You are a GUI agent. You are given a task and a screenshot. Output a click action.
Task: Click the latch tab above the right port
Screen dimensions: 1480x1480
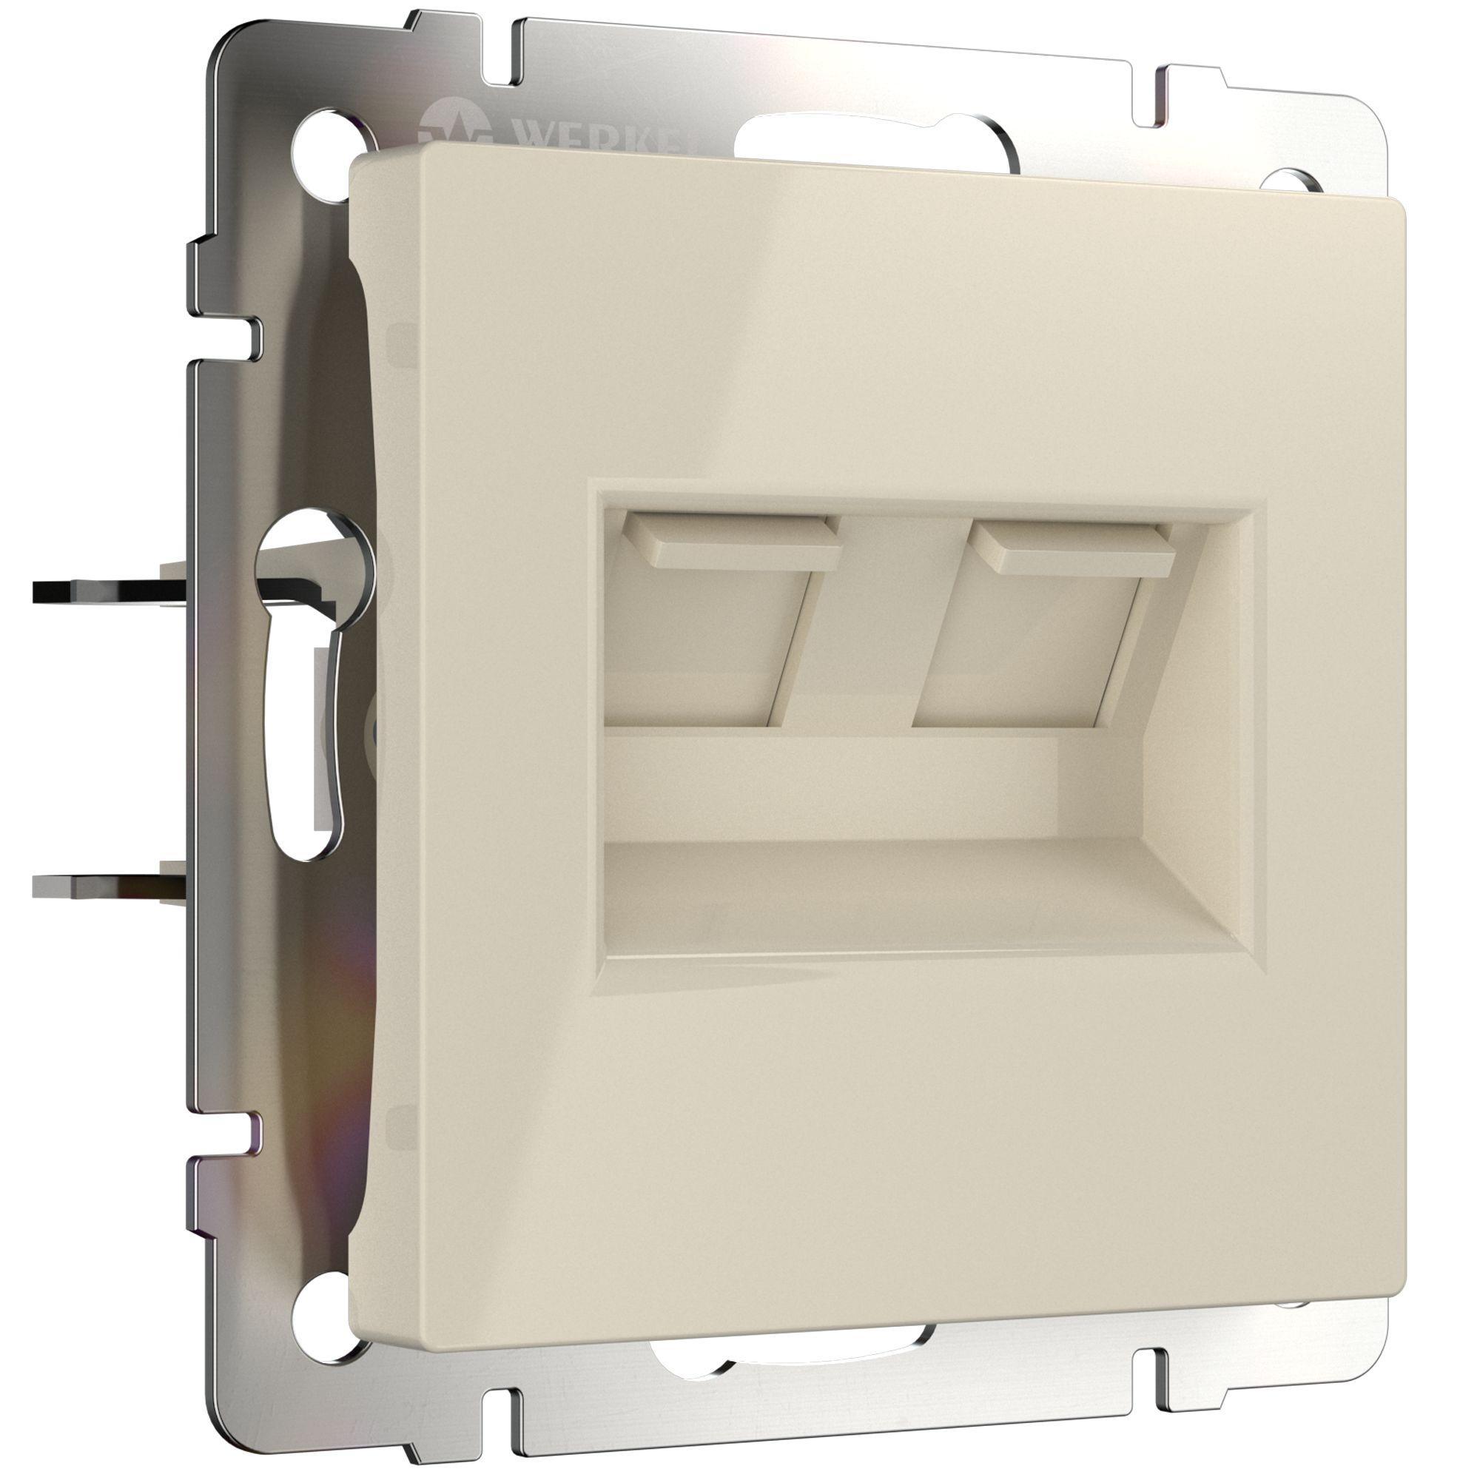pyautogui.click(x=1072, y=548)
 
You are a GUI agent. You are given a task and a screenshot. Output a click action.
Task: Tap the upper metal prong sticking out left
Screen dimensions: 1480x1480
pyautogui.click(x=107, y=591)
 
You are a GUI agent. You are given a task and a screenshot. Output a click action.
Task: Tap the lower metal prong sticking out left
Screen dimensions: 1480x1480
pyautogui.click(x=107, y=885)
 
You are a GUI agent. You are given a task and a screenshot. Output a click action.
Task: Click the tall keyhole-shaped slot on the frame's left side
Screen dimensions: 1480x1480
pyautogui.click(x=306, y=690)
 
